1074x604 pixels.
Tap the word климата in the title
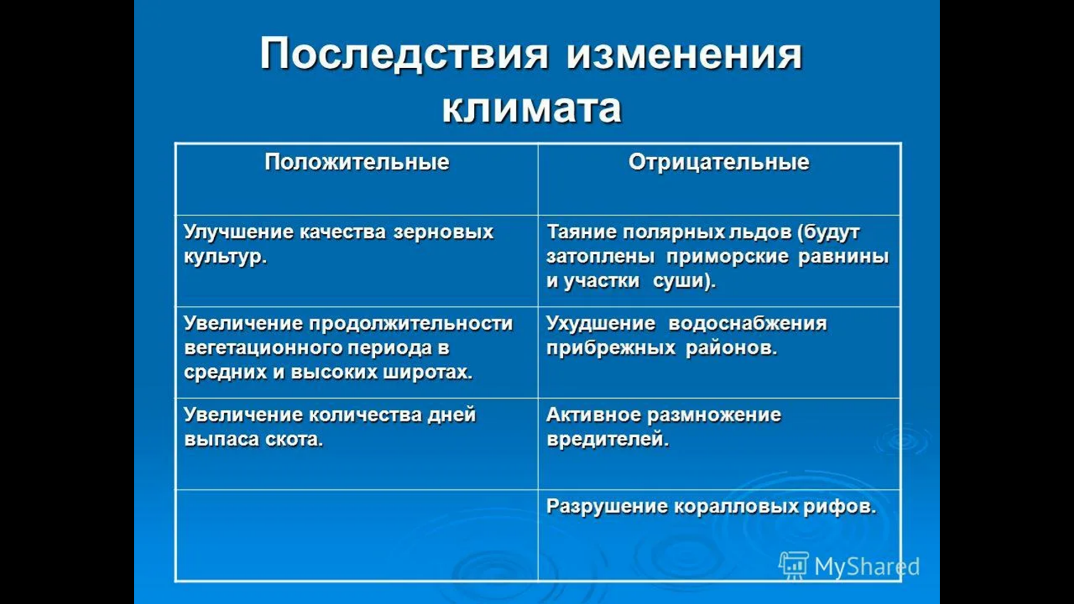pyautogui.click(x=532, y=107)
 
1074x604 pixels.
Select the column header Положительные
pyautogui.click(x=357, y=162)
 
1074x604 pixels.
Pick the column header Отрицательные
pyautogui.click(x=719, y=162)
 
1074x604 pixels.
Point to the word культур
pyautogui.click(x=225, y=257)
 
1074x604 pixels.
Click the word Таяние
pyautogui.click(x=581, y=232)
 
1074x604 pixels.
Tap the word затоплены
pyautogui.click(x=600, y=257)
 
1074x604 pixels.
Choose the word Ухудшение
pyautogui.click(x=601, y=324)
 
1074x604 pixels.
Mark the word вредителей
pyautogui.click(x=608, y=439)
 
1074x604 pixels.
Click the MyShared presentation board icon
pyautogui.click(x=794, y=565)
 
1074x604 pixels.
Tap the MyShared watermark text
pyautogui.click(x=867, y=567)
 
